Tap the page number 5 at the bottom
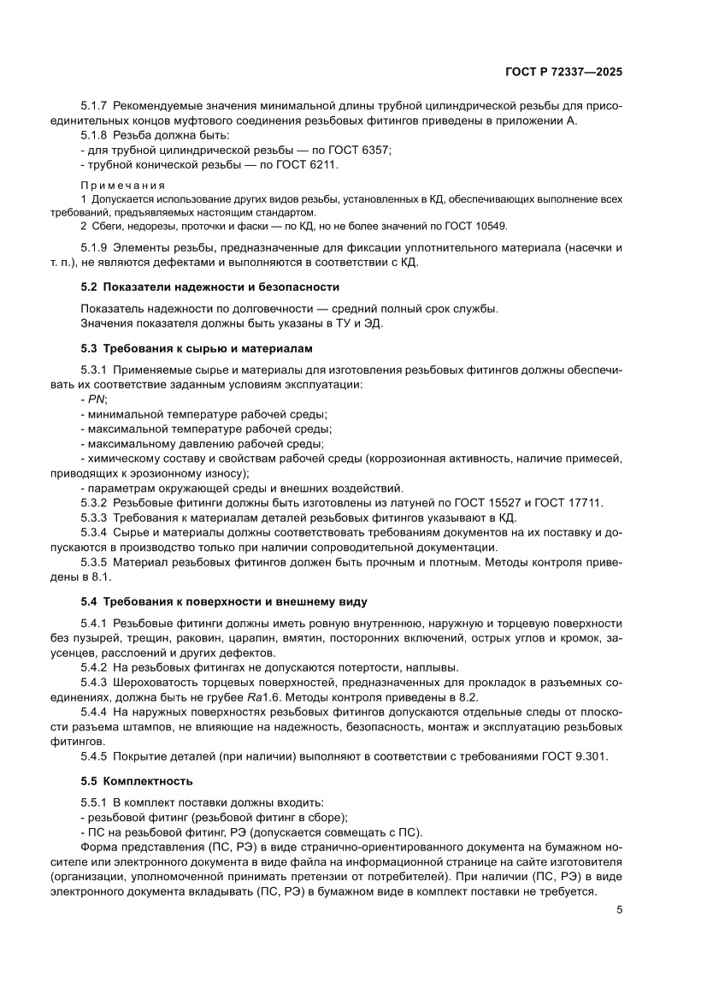coord(618,909)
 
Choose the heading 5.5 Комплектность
coord(136,780)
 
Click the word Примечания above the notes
coord(122,185)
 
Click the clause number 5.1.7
coord(93,106)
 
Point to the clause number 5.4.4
coord(93,712)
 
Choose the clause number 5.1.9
coord(93,248)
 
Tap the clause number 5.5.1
coord(93,802)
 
